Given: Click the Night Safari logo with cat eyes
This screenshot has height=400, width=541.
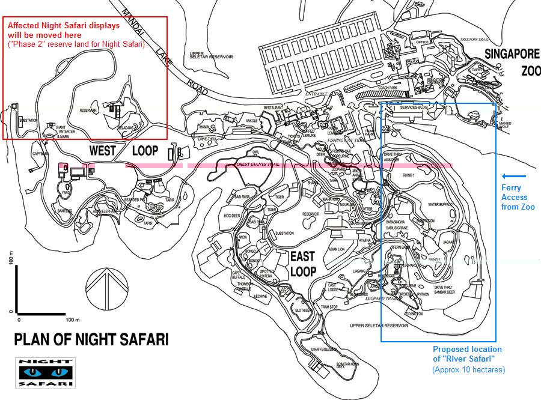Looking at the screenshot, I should tap(45, 372).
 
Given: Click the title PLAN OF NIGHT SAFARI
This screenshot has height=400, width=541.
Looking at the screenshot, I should tap(91, 339).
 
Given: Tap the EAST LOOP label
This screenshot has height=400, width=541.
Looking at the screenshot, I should tap(304, 264).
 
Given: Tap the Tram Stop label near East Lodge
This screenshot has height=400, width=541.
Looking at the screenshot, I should tap(329, 307).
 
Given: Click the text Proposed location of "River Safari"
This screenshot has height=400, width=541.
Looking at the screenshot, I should tap(468, 354).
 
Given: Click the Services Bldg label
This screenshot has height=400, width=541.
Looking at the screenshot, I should tap(412, 108).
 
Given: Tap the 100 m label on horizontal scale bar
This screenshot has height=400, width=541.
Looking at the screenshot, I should tap(73, 319).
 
